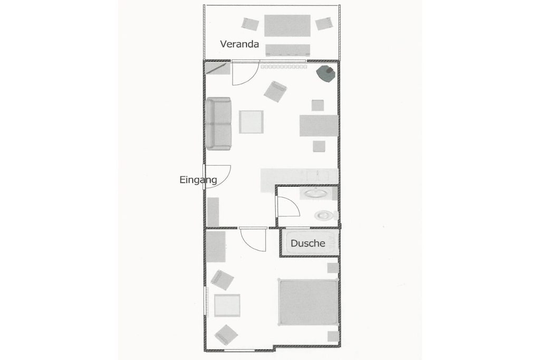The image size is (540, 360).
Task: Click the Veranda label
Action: (x=239, y=44)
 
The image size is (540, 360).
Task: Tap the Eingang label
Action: (x=198, y=180)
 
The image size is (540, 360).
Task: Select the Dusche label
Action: (x=308, y=244)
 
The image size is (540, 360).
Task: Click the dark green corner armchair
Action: (x=326, y=73)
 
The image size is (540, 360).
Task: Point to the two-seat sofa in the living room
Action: (x=218, y=123)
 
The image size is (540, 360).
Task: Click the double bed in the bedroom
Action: (x=308, y=302)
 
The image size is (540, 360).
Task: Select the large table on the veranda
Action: (x=287, y=25)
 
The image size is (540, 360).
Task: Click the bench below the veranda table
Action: (x=287, y=50)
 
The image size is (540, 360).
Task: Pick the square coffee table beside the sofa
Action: (x=252, y=122)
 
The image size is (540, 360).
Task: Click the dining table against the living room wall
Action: (x=319, y=125)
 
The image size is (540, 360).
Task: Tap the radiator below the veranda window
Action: (x=284, y=67)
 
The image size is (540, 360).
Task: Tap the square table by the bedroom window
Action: (x=227, y=305)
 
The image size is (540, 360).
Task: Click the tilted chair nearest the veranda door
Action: (x=275, y=92)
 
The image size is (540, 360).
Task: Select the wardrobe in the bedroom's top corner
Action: (x=216, y=247)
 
